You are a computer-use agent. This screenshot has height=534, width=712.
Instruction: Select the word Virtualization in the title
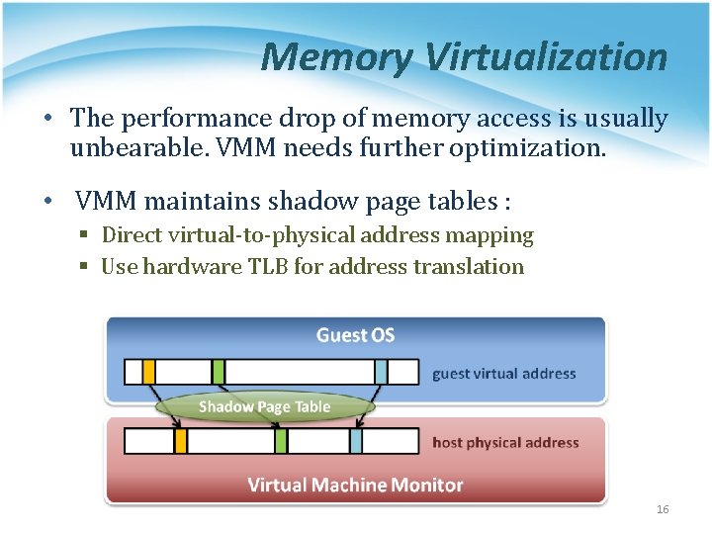[547, 57]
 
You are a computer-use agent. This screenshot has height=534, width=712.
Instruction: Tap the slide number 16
[663, 509]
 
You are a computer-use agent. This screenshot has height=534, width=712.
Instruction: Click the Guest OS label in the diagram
[355, 335]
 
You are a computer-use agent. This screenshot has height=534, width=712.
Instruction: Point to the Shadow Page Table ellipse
[264, 407]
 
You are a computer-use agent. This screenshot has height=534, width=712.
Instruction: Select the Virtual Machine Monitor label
[355, 485]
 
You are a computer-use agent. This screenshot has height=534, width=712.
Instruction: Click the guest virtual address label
[503, 374]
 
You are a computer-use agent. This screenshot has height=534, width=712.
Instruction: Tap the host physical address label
[505, 442]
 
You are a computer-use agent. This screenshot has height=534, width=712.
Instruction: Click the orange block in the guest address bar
[149, 372]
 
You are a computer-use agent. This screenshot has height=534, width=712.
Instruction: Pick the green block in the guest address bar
[219, 372]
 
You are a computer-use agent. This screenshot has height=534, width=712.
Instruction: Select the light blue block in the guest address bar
[381, 372]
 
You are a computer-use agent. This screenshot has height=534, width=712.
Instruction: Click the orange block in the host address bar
[181, 441]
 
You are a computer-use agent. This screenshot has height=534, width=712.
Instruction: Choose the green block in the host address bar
[282, 441]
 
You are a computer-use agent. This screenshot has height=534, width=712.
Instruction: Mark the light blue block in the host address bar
[357, 441]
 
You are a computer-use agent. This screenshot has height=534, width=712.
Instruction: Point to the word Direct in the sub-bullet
[133, 235]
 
